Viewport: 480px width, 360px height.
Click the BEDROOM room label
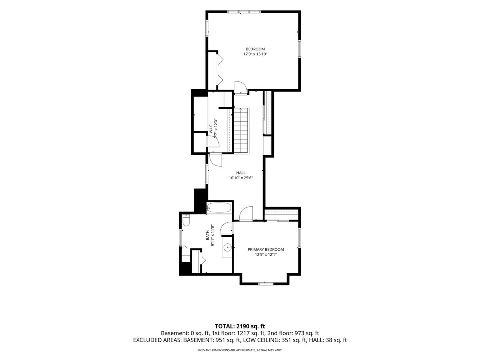click(255, 49)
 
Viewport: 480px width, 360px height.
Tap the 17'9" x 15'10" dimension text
click(256, 54)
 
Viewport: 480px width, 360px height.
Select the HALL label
click(241, 173)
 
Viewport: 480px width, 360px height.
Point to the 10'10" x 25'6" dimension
click(241, 178)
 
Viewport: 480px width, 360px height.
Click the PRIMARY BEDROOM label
click(266, 249)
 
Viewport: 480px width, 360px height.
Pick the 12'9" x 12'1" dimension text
click(266, 254)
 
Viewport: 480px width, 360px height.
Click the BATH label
click(208, 236)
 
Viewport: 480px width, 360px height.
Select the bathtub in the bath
click(219, 208)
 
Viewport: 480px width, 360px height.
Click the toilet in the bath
click(186, 220)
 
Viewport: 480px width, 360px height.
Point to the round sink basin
click(228, 248)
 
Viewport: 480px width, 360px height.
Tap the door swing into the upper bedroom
click(241, 88)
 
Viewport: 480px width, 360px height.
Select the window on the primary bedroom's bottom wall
click(266, 284)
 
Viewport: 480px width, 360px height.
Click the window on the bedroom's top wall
click(244, 12)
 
